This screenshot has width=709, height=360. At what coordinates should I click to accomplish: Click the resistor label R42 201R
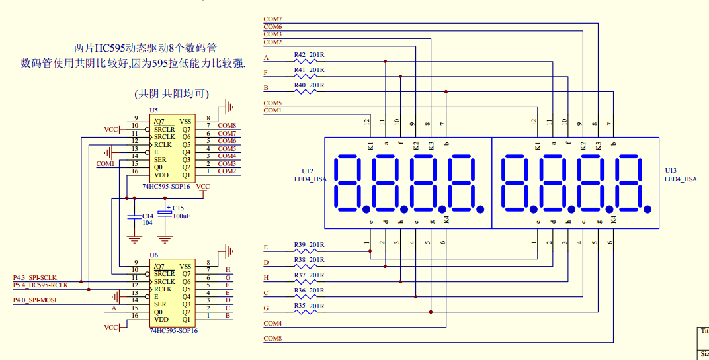(x=309, y=54)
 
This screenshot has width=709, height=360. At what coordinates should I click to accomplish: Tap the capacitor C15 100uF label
(x=181, y=212)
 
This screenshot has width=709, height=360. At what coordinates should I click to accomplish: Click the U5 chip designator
(x=154, y=110)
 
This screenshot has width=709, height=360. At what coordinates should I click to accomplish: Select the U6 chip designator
(x=154, y=255)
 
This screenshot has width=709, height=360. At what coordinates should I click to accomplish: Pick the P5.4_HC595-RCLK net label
(x=40, y=285)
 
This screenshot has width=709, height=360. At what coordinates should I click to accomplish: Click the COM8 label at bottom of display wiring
(x=272, y=339)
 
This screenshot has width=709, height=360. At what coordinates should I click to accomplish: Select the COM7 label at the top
(x=272, y=19)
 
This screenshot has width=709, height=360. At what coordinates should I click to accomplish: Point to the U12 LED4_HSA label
(x=310, y=175)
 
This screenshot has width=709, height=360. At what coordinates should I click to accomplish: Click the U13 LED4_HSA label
(x=680, y=175)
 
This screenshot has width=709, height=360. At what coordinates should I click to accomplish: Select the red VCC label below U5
(x=203, y=187)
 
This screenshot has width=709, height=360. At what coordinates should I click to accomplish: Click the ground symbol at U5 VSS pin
(x=228, y=107)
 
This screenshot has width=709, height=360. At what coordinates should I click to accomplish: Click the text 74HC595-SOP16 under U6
(x=174, y=330)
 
